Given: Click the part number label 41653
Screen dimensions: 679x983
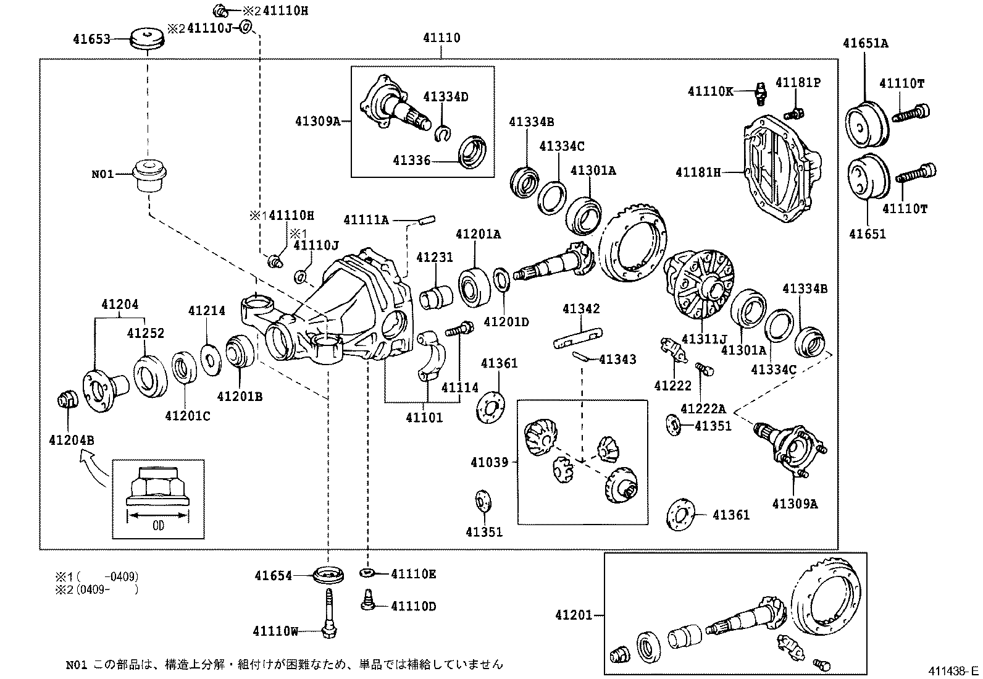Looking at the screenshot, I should point(91,39).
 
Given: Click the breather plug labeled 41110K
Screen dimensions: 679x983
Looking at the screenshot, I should point(760,94).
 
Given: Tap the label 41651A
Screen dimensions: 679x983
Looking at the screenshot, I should point(866,43).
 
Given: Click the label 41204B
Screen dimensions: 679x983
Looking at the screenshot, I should point(71,440).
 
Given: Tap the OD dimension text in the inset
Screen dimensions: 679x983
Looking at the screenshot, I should point(158,526).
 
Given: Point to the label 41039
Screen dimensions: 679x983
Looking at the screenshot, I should point(489,462).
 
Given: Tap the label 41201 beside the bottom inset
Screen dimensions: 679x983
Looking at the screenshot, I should point(573,615).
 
